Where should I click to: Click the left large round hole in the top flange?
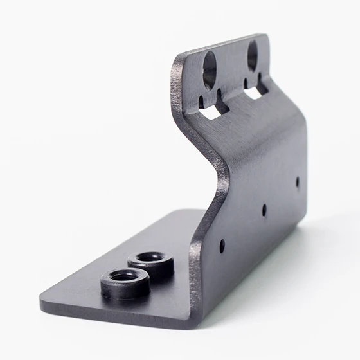210,69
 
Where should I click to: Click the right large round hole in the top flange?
252,55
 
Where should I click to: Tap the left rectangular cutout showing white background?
210,113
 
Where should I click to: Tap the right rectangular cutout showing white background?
253,93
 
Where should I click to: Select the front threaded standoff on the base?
125,283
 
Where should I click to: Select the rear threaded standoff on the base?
150,262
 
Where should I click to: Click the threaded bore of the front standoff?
123,277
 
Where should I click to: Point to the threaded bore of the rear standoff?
150,257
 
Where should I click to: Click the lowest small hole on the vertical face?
222,246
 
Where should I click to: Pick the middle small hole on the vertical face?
264,210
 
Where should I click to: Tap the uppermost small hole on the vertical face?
297,182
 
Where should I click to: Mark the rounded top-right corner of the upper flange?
263,37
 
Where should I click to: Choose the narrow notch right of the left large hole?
219,94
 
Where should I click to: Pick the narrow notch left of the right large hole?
246,82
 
